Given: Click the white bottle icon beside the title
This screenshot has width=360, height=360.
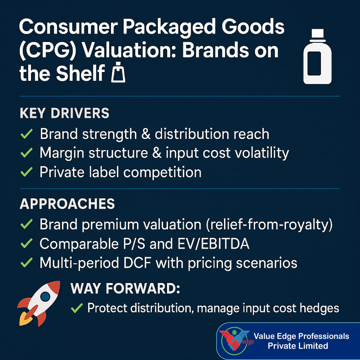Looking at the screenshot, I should [317, 57].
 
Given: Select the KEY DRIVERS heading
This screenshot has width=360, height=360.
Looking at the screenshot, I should [64, 114].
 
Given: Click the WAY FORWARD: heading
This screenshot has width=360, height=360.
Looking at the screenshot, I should [125, 289].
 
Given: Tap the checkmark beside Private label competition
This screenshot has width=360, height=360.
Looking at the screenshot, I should [26, 172].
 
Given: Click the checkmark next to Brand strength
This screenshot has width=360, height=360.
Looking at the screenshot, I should [26, 134].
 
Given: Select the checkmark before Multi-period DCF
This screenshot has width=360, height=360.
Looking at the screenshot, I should [26, 263].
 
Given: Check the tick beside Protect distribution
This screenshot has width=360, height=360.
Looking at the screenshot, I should [77, 308].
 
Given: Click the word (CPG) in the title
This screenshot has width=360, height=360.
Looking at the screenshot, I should [48, 50].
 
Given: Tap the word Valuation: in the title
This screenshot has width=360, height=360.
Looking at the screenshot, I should [128, 50].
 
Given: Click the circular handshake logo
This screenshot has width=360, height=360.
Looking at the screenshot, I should [235, 341].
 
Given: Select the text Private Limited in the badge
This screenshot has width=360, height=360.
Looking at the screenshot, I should [298, 346].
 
